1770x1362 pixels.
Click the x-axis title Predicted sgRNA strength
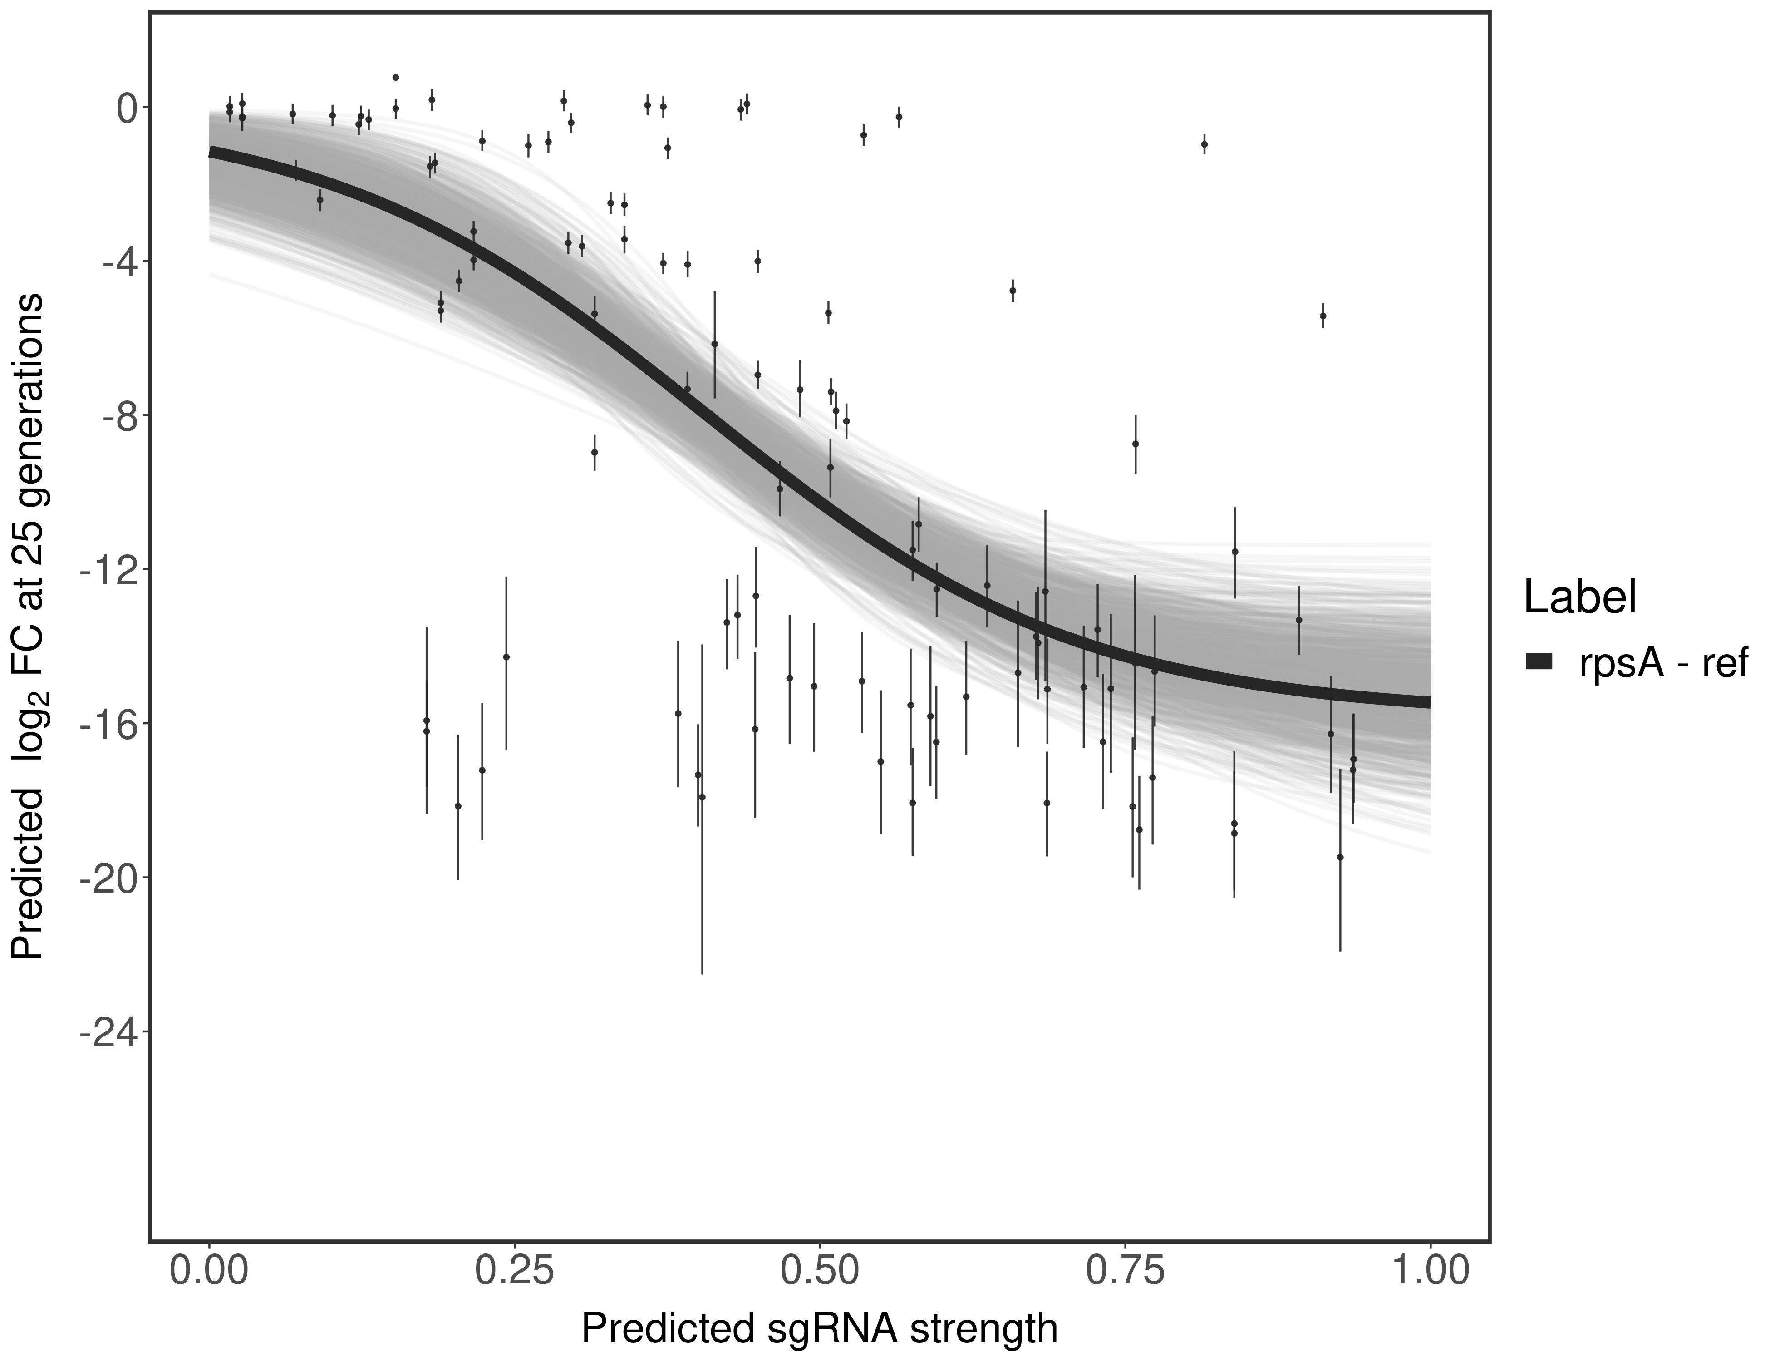coord(819,1330)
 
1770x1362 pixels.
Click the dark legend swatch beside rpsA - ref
coord(1538,662)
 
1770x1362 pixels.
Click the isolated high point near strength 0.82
coord(1205,144)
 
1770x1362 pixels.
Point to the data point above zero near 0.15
coord(395,78)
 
